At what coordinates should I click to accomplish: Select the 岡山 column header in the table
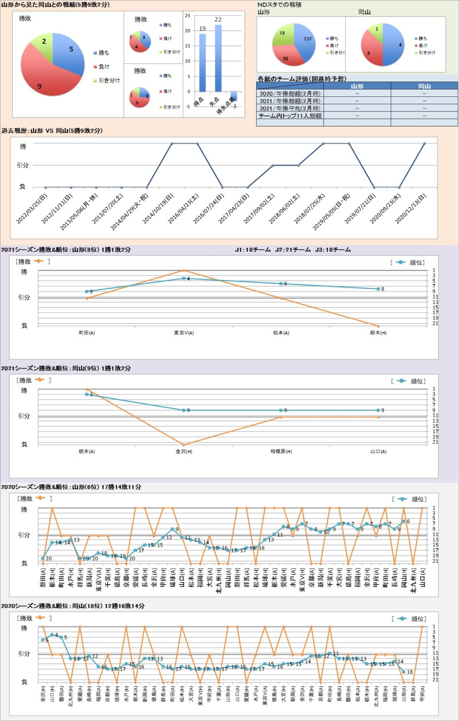click(x=424, y=86)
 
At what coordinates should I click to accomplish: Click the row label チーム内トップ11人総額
click(x=290, y=116)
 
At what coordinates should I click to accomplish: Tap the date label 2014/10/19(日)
click(x=158, y=209)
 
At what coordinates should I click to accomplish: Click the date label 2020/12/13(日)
click(x=411, y=209)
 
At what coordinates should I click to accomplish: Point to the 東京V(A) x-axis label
click(x=184, y=333)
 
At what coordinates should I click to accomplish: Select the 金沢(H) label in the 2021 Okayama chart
click(x=184, y=452)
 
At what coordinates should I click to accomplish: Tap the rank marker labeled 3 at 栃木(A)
click(x=87, y=394)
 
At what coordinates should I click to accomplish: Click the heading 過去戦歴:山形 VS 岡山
click(x=52, y=131)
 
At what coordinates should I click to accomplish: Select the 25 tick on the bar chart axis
click(x=187, y=16)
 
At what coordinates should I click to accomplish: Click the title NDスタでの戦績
click(x=279, y=5)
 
